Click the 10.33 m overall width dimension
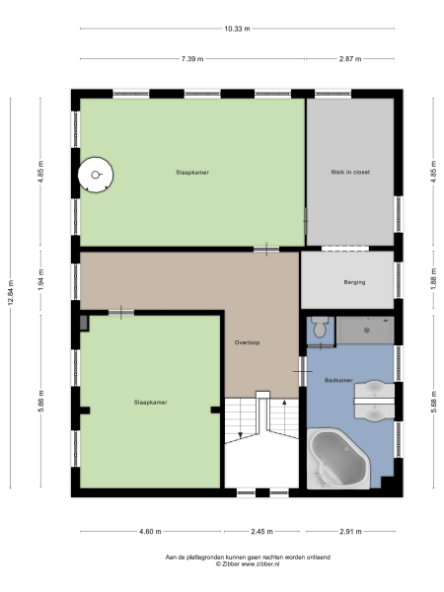[x=237, y=30]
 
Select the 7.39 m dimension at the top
[x=192, y=59]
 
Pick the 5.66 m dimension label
[x=41, y=405]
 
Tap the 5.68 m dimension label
[x=431, y=405]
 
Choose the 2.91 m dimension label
[x=352, y=531]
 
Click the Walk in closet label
[x=350, y=172]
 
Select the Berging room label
[x=354, y=282]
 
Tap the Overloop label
[x=247, y=342]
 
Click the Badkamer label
[x=338, y=379]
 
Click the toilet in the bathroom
[x=317, y=330]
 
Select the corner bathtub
[x=340, y=457]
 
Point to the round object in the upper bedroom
[x=96, y=175]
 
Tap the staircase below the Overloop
[x=259, y=434]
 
